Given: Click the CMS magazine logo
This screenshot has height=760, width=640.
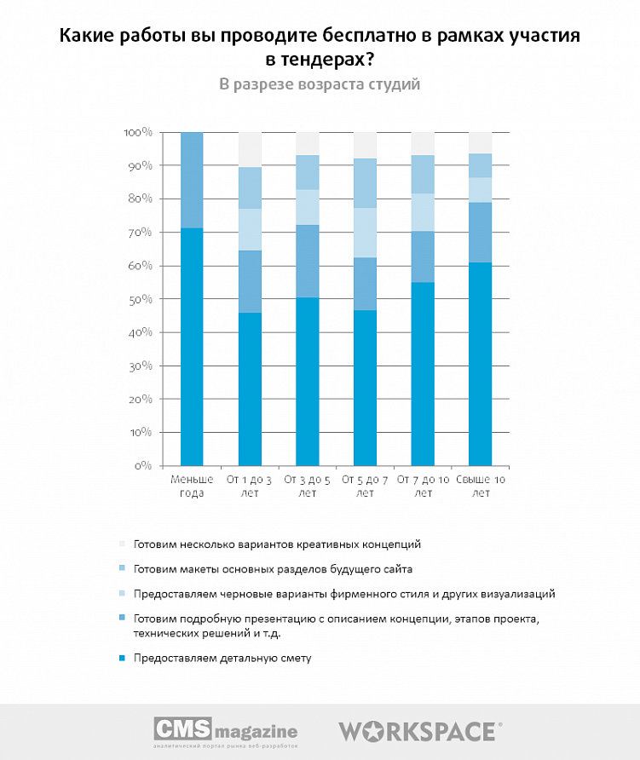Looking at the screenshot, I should click(x=225, y=731).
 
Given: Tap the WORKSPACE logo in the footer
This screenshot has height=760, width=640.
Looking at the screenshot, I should click(x=420, y=731).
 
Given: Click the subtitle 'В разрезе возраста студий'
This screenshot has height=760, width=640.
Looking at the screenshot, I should click(x=320, y=84).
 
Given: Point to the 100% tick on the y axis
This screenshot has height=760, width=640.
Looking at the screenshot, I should click(x=137, y=133).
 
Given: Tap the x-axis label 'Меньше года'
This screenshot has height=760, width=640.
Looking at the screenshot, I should click(x=192, y=486).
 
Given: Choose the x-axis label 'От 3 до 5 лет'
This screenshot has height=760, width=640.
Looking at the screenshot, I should click(x=307, y=486).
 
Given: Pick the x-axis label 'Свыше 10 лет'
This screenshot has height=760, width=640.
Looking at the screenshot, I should click(x=481, y=486).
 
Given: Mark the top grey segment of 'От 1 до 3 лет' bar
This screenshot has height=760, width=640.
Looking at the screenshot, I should click(x=250, y=150).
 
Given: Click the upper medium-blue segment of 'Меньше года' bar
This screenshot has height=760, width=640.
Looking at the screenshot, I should click(x=192, y=180).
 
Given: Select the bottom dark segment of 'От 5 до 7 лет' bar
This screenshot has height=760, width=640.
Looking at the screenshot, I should click(x=365, y=388).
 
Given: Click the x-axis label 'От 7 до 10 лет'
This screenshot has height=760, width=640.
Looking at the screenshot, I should click(x=423, y=486).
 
